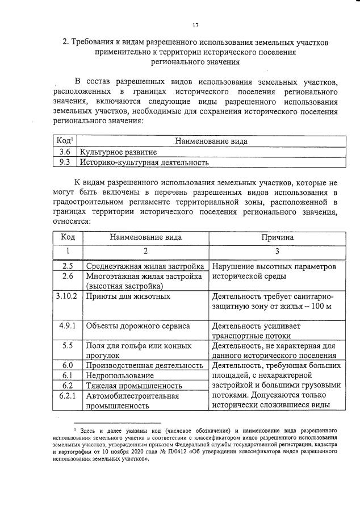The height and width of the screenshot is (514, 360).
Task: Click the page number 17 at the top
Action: tap(195, 25)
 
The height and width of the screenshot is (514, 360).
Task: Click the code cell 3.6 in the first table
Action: tap(65, 152)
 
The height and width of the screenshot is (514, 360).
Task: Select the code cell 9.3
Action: tap(65, 162)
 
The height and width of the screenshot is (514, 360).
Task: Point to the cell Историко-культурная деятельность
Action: tap(144, 162)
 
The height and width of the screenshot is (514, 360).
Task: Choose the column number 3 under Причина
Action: tap(277, 250)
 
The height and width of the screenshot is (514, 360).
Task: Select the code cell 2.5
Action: tap(68, 266)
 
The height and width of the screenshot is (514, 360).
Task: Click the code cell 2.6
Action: tap(68, 276)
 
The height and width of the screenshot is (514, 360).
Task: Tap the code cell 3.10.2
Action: tap(67, 296)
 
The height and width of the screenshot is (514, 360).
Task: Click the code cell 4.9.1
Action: tap(68, 325)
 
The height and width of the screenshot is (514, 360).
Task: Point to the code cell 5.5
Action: tap(68, 345)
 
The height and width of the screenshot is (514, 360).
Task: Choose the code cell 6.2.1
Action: tap(68, 396)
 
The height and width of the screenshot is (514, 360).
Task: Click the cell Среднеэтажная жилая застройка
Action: tap(144, 266)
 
